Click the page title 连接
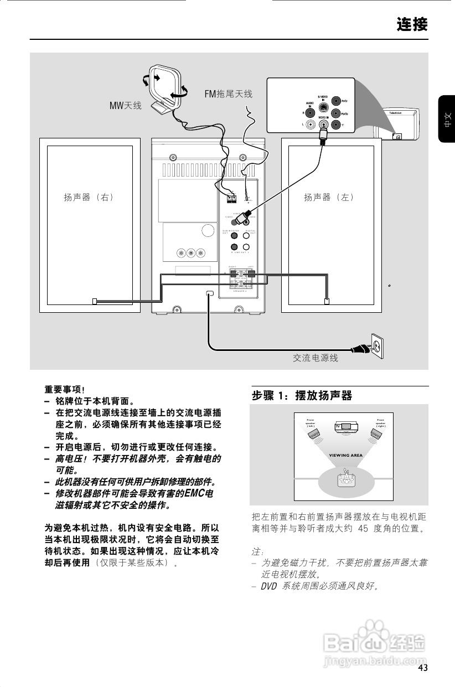[412, 24]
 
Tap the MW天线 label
[125, 105]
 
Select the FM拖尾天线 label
[228, 94]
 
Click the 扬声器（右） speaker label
[89, 197]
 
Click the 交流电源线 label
[315, 358]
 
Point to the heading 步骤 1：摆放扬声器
[302, 396]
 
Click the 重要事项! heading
[64, 390]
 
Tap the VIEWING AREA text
[346, 455]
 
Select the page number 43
[423, 668]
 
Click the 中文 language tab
[447, 120]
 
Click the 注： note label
[257, 552]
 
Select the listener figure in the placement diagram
[346, 477]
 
